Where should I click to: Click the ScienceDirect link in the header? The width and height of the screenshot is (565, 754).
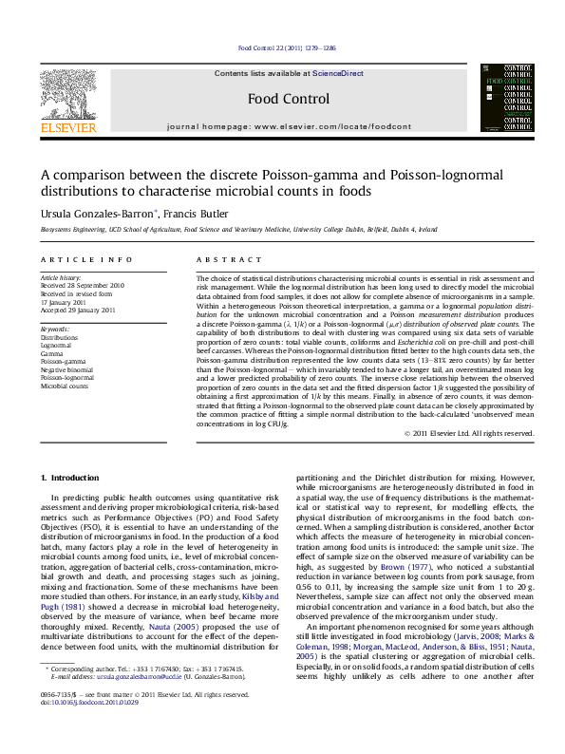coord(339,73)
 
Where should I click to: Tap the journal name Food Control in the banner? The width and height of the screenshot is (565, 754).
coord(289,99)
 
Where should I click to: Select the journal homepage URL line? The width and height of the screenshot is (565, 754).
coord(289,126)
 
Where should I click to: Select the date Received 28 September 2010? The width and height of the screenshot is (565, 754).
coord(82,285)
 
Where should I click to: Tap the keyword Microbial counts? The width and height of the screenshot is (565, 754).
coord(64,386)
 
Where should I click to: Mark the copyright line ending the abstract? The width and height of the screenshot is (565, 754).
coord(468,433)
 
